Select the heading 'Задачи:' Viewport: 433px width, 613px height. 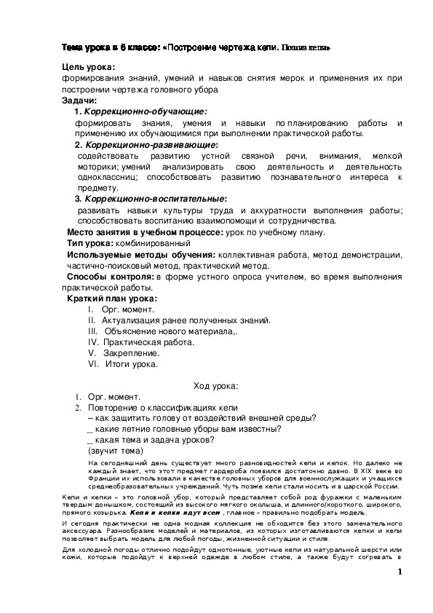(81, 100)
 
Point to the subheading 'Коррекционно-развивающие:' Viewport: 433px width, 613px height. (151, 145)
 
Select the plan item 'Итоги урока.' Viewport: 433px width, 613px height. (132, 363)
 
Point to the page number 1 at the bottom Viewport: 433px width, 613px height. (400, 572)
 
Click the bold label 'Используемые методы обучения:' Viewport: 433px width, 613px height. (141, 255)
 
